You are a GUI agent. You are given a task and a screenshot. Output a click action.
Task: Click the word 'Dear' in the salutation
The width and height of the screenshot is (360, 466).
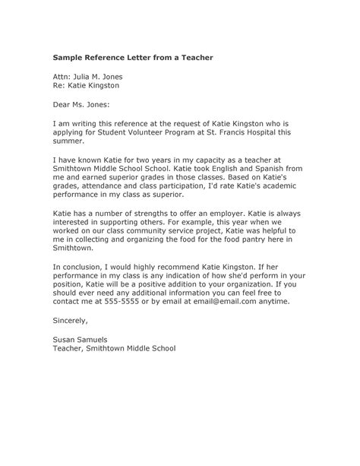(x=65, y=106)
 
